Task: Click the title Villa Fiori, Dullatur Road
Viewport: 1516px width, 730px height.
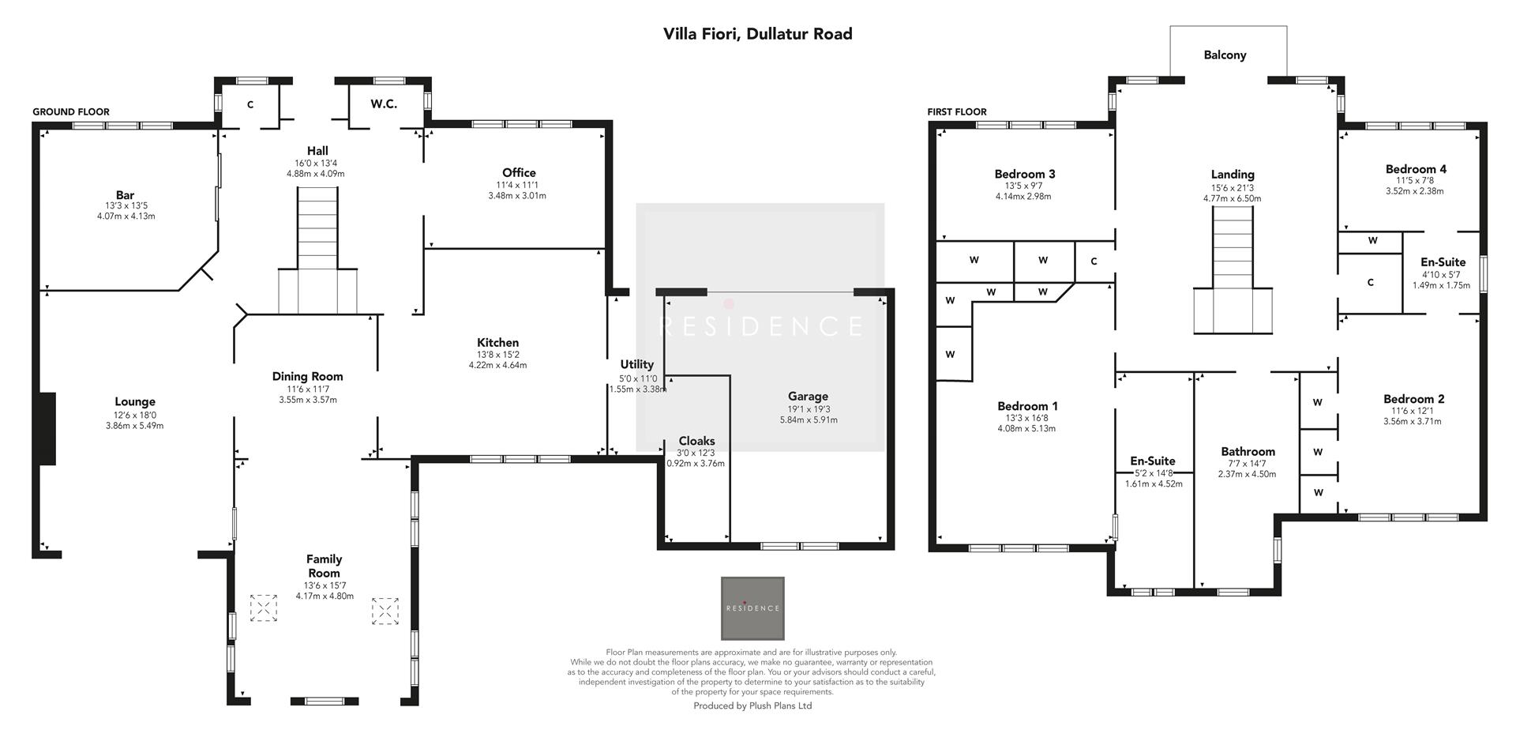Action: [757, 34]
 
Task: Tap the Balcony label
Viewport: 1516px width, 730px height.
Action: [1225, 55]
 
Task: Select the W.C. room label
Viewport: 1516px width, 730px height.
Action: [384, 104]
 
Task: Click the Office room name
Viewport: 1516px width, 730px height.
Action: [519, 173]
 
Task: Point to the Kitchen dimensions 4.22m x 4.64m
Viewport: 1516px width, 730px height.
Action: [497, 366]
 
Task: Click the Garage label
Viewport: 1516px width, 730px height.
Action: [808, 397]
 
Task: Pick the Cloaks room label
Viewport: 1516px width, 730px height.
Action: [696, 442]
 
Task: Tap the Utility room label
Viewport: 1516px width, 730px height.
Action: [636, 364]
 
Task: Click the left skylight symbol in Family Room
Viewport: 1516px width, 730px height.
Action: [264, 608]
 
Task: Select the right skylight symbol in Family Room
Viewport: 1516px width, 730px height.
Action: [385, 611]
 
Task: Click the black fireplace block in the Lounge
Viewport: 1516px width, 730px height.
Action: [47, 428]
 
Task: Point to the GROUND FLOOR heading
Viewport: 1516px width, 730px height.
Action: [71, 112]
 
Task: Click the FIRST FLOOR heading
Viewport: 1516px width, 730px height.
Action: [957, 112]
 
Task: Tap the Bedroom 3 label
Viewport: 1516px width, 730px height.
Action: [1024, 175]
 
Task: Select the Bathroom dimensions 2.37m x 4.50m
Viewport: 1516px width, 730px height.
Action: [1247, 475]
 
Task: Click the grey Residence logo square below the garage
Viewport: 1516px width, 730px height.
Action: [752, 608]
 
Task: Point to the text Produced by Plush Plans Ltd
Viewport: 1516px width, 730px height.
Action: [752, 706]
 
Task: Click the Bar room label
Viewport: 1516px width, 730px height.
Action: [125, 195]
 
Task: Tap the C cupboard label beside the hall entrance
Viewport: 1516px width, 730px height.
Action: [250, 105]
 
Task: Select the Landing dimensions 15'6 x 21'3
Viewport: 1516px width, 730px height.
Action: [1233, 188]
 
